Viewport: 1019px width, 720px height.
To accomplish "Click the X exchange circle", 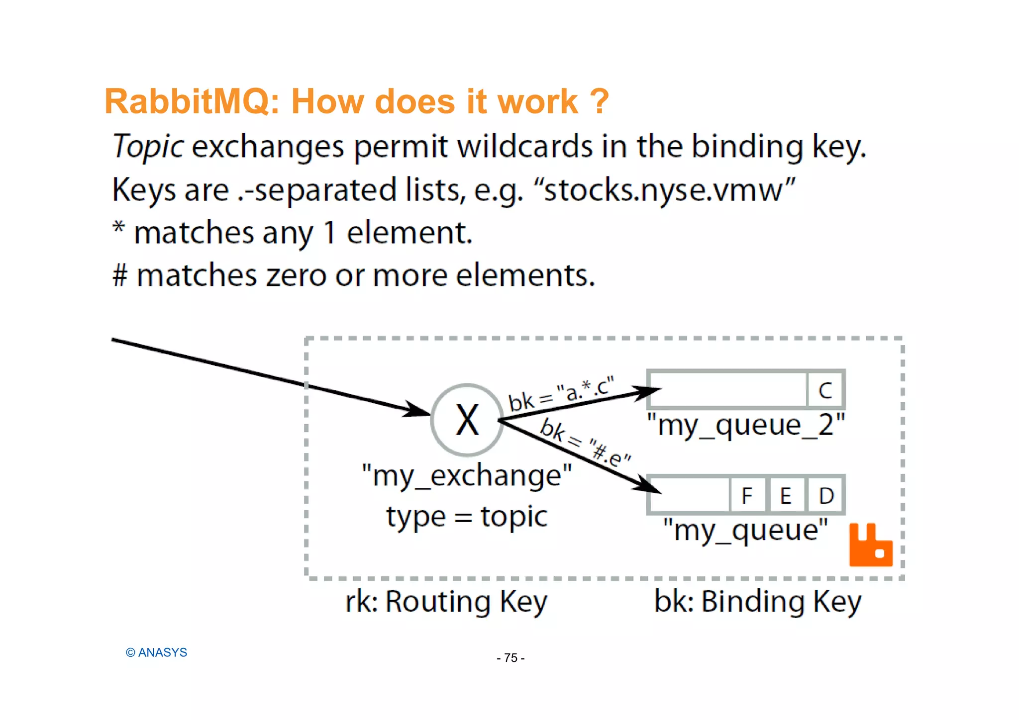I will click(467, 420).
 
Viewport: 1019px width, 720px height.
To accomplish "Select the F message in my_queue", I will click(747, 496).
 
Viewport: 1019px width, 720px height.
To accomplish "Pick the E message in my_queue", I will click(786, 496).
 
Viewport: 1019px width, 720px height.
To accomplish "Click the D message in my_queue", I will click(826, 496).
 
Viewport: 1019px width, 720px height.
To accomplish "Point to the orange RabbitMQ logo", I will click(870, 545).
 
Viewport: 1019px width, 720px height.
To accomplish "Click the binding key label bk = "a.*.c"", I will click(561, 394).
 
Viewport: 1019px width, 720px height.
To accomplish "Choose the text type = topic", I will click(467, 516).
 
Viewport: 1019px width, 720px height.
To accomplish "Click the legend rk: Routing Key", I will click(446, 602).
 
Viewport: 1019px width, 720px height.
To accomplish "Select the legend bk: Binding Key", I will click(757, 602).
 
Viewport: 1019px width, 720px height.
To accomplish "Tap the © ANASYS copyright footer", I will click(156, 652).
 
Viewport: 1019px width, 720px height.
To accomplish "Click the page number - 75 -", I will click(510, 658).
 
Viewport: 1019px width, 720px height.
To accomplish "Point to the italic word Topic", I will click(148, 147).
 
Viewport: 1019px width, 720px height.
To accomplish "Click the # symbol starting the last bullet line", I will click(120, 275).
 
